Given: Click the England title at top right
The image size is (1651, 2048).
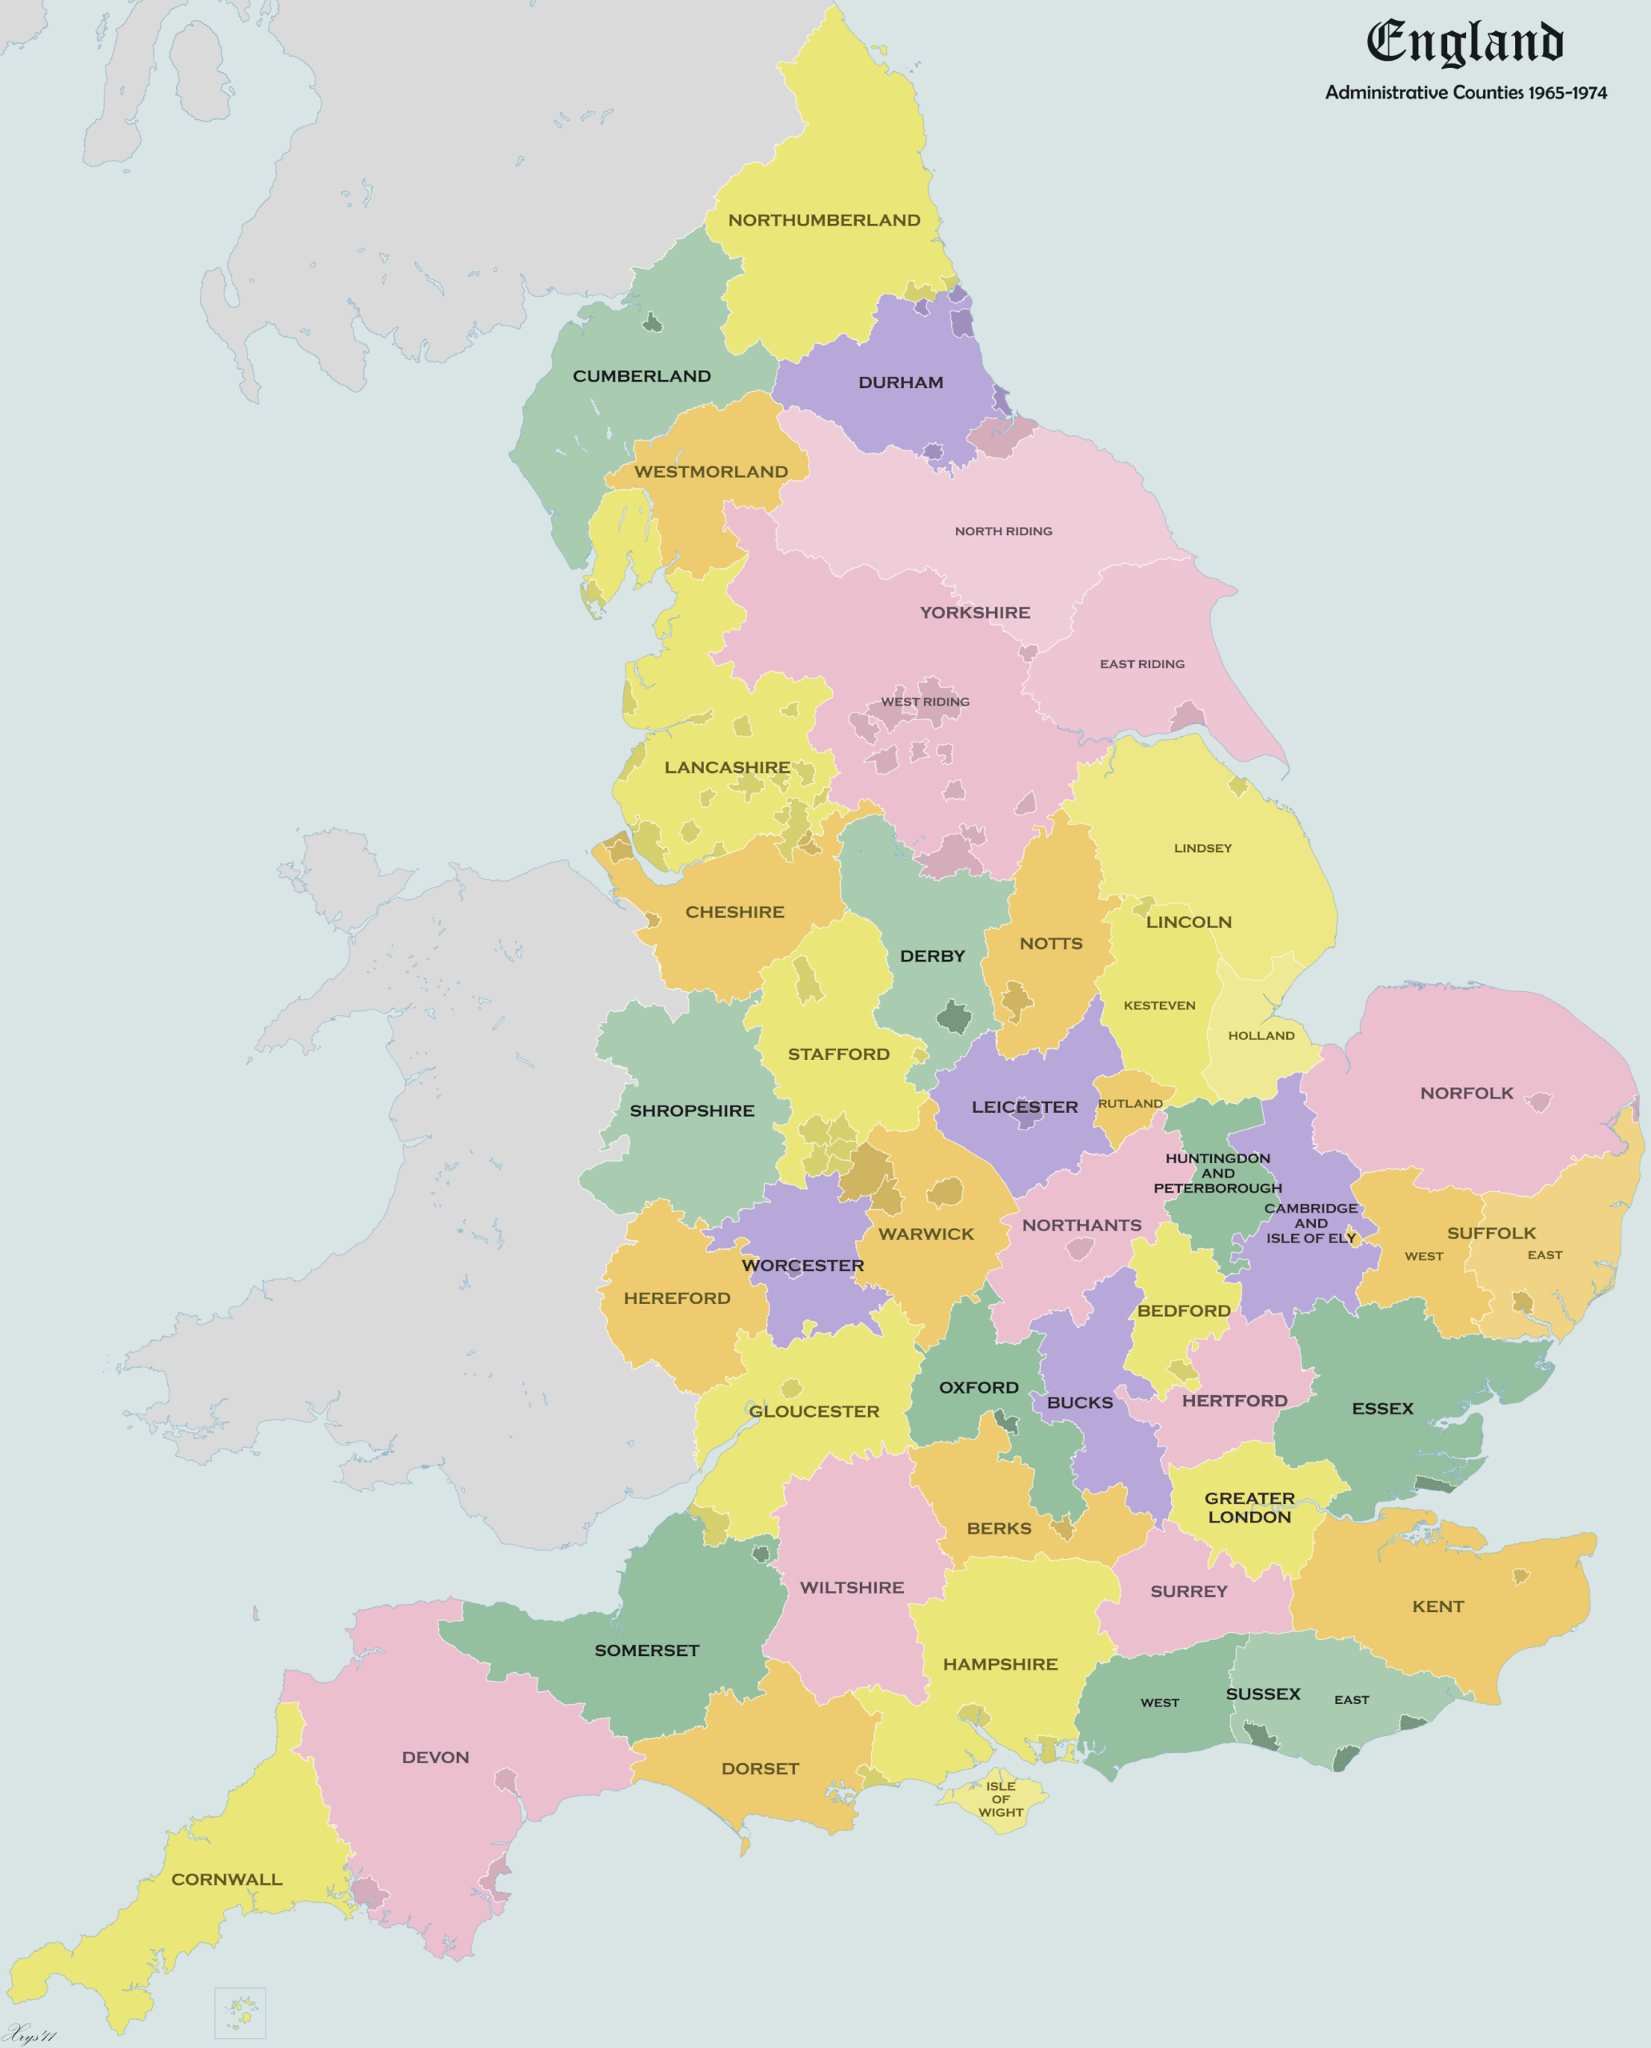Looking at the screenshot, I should tap(1465, 43).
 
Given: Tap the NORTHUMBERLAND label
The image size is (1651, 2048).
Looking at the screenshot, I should tap(824, 221).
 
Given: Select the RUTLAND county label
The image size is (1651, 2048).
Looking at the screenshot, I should tap(1129, 1103).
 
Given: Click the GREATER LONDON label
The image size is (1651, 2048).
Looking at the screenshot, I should tap(1249, 1508).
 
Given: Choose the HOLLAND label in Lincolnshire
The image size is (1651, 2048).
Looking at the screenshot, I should tap(1261, 1036).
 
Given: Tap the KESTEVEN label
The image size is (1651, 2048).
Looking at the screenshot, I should tap(1159, 1006).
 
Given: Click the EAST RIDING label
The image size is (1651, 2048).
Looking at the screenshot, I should tap(1142, 664).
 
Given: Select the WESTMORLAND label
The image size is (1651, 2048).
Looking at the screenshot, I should tap(710, 472).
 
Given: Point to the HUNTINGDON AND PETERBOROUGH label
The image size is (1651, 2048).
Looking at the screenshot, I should tap(1217, 1173).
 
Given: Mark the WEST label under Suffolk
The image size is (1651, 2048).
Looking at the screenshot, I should tap(1424, 1257).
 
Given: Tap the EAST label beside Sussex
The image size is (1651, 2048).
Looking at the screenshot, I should tap(1351, 1700).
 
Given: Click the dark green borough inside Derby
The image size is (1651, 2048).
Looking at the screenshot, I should tap(954, 1017).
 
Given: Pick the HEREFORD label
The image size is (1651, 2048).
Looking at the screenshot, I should tap(678, 1298).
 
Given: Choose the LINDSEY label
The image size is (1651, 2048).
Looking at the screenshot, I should tap(1202, 849).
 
